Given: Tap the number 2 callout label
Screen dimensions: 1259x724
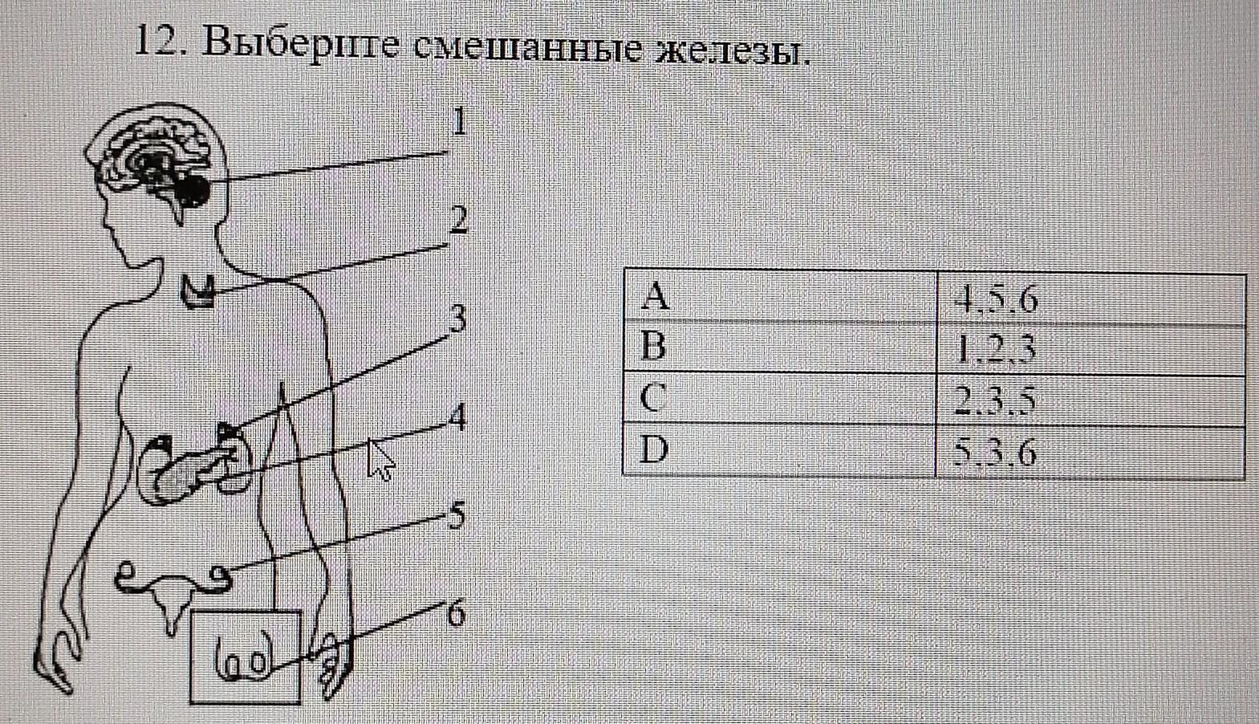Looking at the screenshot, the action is [458, 220].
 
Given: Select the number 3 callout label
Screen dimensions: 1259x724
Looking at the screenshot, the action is [457, 319].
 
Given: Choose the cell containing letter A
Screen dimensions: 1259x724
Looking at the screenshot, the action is [780, 296].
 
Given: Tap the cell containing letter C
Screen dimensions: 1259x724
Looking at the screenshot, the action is [780, 398].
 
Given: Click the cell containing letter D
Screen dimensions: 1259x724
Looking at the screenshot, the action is [780, 449].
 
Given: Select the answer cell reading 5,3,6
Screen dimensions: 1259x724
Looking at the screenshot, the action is [1091, 451].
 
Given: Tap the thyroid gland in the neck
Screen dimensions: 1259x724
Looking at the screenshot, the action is [197, 291].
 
